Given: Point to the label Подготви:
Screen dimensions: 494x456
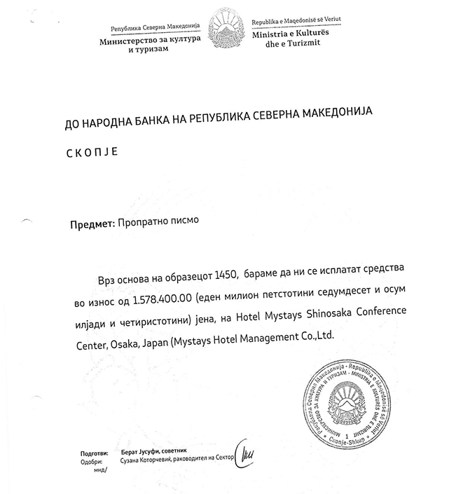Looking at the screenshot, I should [x=93, y=453].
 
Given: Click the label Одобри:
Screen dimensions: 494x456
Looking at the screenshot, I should [x=92, y=462].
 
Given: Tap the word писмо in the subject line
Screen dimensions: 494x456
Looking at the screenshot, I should [x=183, y=224].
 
